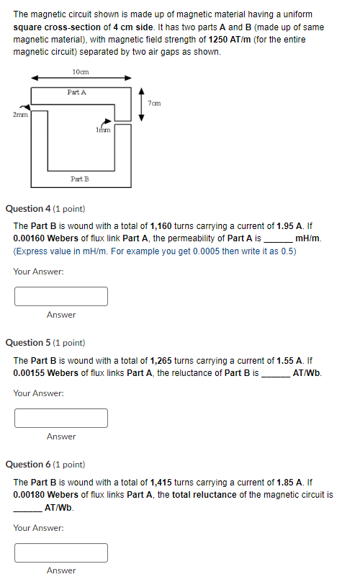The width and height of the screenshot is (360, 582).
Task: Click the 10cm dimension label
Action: pos(81,71)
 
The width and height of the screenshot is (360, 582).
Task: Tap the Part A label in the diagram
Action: pos(76,92)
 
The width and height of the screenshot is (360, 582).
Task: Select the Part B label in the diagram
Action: pos(80,178)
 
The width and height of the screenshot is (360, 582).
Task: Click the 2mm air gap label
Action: pos(19,114)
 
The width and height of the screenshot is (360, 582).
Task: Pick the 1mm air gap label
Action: pos(103,130)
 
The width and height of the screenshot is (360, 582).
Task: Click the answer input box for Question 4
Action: pos(61,296)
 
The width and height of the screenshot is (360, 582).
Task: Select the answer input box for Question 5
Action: pos(61,418)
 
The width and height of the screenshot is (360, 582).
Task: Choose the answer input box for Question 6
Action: pos(61,552)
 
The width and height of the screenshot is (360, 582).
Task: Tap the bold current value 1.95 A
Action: pos(290,225)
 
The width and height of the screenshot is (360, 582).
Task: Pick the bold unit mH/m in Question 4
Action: pos(308,238)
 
